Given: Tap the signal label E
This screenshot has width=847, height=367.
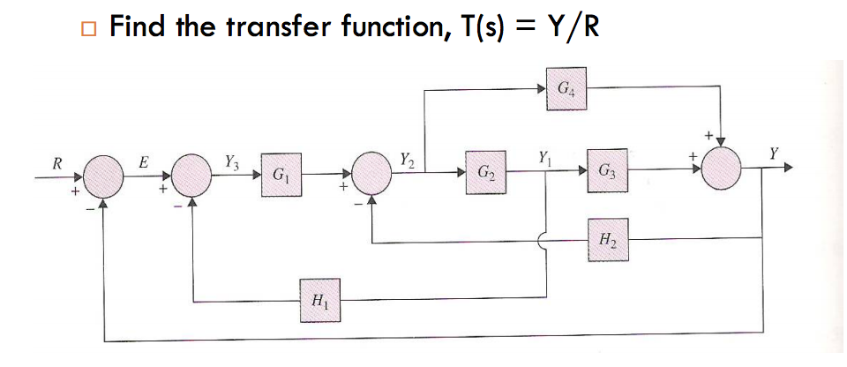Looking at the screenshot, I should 146,161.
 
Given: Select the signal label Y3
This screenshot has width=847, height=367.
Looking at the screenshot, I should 231,161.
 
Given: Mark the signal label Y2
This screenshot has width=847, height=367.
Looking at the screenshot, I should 405,160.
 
